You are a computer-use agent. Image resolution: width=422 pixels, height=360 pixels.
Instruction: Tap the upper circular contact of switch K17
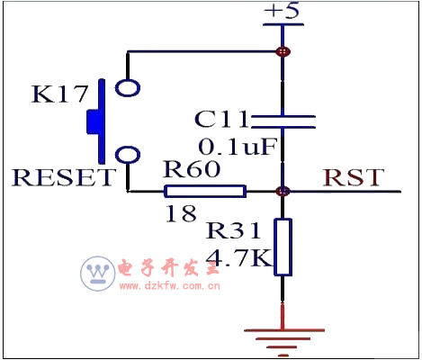pos(128,88)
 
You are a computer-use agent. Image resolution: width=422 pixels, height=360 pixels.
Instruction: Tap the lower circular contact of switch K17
pos(128,154)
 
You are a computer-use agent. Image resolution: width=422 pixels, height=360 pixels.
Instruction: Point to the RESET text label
pos(63,177)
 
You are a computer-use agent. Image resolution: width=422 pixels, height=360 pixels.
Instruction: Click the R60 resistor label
pos(190,168)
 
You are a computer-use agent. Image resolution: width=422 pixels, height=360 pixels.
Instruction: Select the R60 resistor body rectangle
pos(204,191)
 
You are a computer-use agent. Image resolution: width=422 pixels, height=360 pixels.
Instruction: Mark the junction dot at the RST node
pos(283,191)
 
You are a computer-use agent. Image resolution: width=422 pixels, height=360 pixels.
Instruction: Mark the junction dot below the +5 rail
pos(283,51)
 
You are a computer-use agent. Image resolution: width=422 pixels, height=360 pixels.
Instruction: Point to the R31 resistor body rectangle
pos(283,246)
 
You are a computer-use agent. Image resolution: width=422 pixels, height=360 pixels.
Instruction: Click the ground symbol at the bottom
pos(283,337)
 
